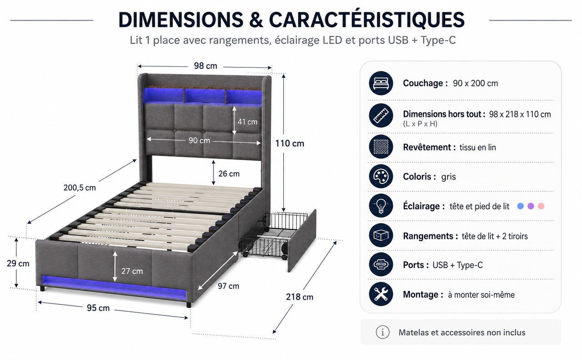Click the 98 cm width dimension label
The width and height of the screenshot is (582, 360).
pyautogui.click(x=205, y=66)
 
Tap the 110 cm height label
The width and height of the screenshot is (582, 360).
pyautogui.click(x=290, y=143)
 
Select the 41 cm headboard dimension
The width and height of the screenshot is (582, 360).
pyautogui.click(x=247, y=121)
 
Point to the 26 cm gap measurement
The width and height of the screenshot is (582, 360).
pyautogui.click(x=229, y=174)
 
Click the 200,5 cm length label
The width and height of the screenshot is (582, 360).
pyautogui.click(x=80, y=188)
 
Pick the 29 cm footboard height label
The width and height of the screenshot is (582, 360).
pyautogui.click(x=18, y=263)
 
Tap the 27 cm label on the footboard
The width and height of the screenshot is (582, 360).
pyautogui.click(x=132, y=271)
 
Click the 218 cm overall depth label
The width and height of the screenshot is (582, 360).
pyautogui.click(x=300, y=297)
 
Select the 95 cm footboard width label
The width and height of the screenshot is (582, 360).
pyautogui.click(x=98, y=308)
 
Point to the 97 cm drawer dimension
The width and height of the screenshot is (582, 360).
pyautogui.click(x=228, y=286)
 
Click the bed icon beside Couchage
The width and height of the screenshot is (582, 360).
pyautogui.click(x=381, y=83)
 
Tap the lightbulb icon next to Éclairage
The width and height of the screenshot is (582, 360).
pyautogui.click(x=381, y=206)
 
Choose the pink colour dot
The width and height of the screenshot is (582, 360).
pyautogui.click(x=541, y=206)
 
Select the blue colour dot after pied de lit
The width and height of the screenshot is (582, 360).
pyautogui.click(x=521, y=206)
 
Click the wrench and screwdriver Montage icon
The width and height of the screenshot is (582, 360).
pyautogui.click(x=381, y=294)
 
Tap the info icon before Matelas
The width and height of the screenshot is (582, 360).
pyautogui.click(x=382, y=332)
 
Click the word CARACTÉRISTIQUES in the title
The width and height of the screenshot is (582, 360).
pyautogui.click(x=366, y=19)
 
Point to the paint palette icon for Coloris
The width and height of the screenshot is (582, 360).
pyautogui.click(x=381, y=176)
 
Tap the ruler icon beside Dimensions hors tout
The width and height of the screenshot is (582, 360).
pyautogui.click(x=381, y=115)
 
